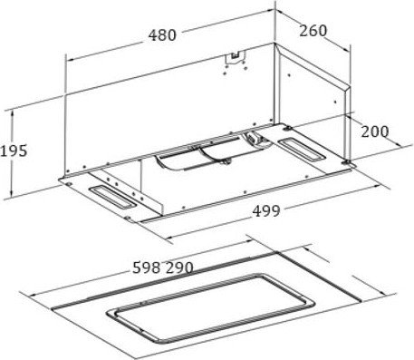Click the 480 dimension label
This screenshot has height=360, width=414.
(x=162, y=35)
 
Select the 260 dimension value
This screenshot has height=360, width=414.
(x=313, y=31)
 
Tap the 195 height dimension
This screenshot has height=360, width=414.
(x=14, y=151)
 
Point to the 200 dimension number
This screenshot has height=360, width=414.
(x=375, y=131)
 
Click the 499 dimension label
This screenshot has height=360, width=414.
(x=266, y=211)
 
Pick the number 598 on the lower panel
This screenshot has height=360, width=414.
(x=147, y=268)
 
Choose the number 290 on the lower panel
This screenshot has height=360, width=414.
(x=179, y=268)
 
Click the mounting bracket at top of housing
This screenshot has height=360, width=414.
(x=235, y=58)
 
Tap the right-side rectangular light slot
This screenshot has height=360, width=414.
(x=302, y=149)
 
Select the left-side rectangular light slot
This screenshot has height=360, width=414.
(x=112, y=198)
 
